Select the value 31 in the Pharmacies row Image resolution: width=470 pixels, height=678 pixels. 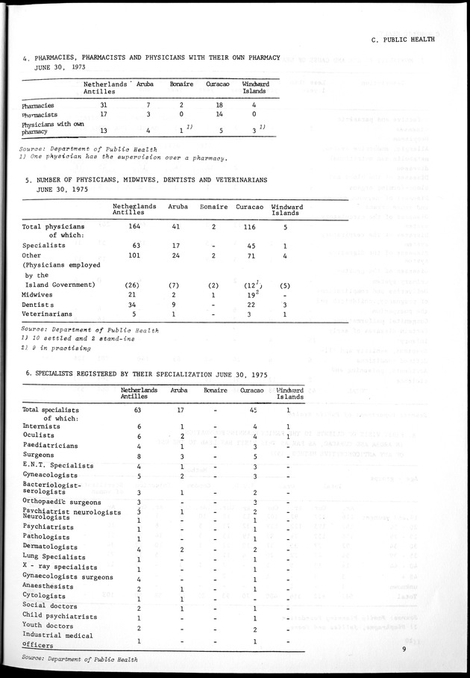104,105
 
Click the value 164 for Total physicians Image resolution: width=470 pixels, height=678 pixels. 134,226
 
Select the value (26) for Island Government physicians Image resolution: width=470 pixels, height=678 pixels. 134,284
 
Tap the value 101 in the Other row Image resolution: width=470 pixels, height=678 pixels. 134,255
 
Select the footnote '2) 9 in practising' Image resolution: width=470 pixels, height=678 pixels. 57,347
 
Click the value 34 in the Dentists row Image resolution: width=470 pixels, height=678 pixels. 134,304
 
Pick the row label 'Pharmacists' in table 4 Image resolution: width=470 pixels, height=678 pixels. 43,116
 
